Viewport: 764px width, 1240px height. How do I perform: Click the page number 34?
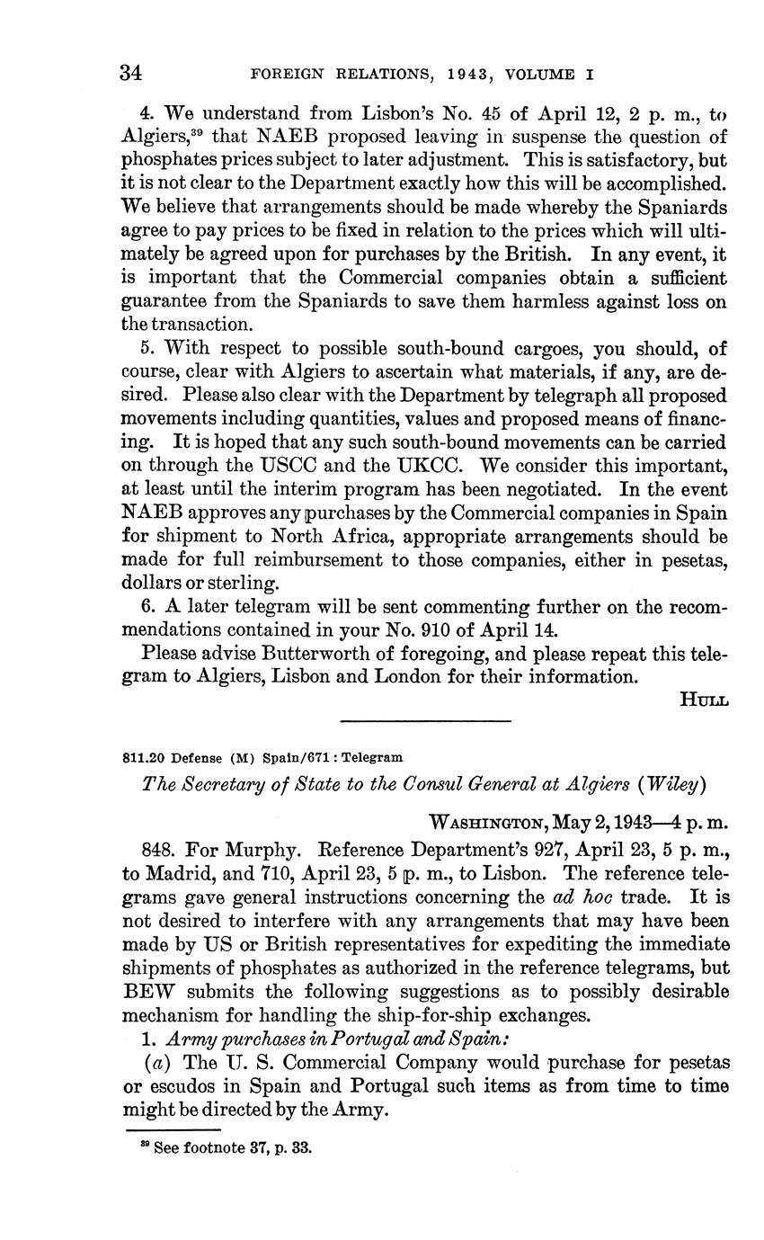click(132, 74)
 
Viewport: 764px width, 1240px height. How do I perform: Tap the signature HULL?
click(705, 698)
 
